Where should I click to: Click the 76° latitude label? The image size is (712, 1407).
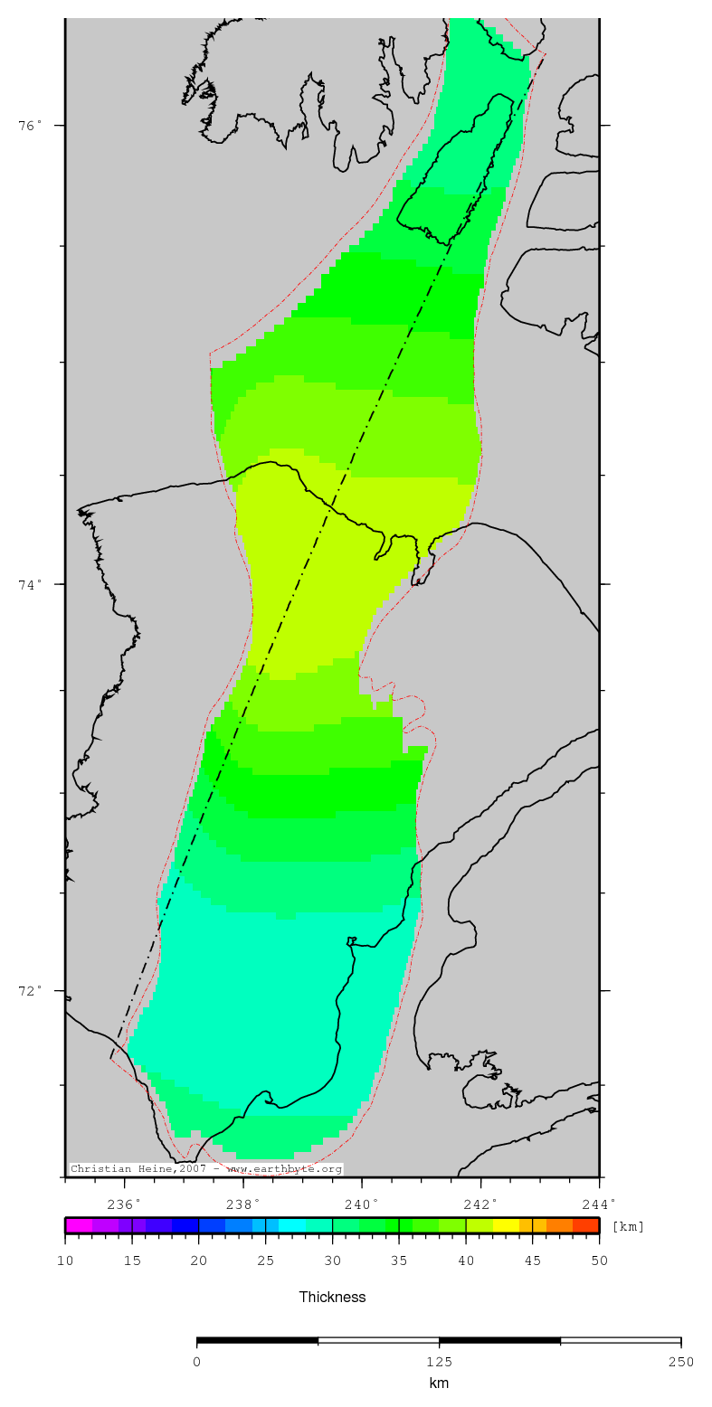coord(31,125)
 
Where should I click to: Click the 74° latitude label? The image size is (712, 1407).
coord(31,584)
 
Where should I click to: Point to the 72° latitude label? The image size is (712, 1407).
coord(31,990)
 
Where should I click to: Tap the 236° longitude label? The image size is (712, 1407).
coord(124,1204)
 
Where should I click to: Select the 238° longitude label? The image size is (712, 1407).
coord(242,1204)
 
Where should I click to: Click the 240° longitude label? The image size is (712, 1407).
coord(362,1204)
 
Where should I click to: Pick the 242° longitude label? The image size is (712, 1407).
coord(480,1204)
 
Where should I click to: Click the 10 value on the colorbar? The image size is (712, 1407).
coord(65,1261)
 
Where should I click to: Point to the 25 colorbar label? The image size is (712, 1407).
coord(265,1261)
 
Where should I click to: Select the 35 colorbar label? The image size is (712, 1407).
coord(399,1261)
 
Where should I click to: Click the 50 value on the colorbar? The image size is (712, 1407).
coord(599,1261)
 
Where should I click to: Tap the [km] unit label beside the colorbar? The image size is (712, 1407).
coord(629,1226)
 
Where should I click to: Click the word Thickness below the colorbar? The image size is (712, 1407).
coord(332,1297)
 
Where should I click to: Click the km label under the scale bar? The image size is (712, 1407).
coord(439,1383)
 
